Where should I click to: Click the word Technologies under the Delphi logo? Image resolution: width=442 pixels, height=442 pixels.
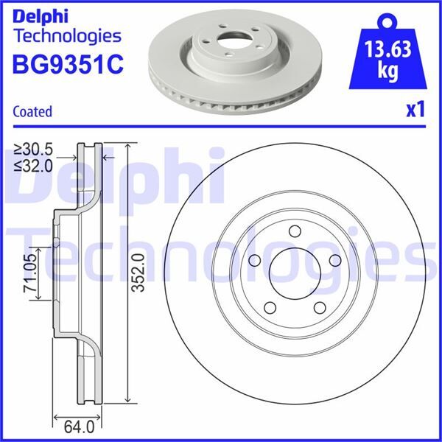pos(66,35)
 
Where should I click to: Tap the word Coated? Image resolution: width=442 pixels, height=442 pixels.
pos(32,112)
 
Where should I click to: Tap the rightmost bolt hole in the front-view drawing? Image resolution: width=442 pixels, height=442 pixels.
pos(336,259)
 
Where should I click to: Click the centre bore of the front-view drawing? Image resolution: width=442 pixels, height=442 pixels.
pos(295,272)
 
